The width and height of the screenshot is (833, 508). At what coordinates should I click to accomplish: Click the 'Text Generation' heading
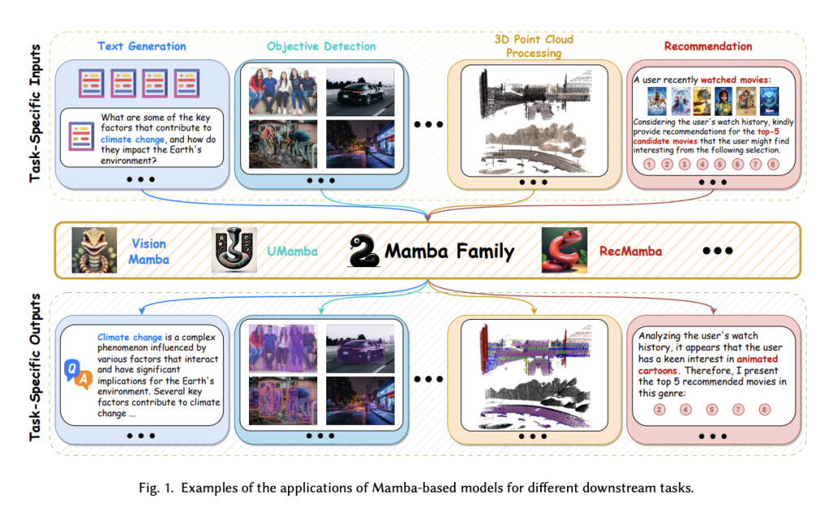point(142,46)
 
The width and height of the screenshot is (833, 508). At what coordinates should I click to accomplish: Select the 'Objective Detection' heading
point(321,46)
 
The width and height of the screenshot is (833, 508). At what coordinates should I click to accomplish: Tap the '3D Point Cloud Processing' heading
point(534,46)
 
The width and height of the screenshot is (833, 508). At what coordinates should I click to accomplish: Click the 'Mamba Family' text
point(449,251)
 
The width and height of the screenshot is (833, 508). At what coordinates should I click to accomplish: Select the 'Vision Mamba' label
point(148,252)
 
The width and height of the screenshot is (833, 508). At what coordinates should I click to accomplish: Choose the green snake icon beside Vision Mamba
point(94,249)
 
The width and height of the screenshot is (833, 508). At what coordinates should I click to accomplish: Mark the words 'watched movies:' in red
point(735,80)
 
